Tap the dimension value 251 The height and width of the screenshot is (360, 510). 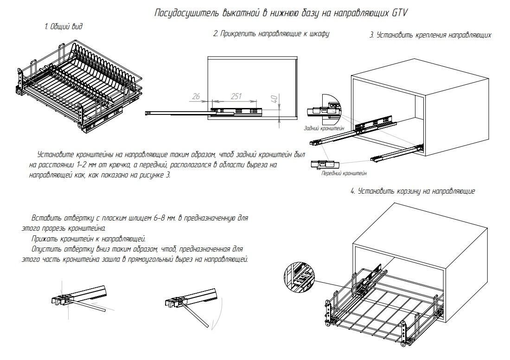tap(236, 96)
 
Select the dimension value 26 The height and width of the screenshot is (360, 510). tap(196, 96)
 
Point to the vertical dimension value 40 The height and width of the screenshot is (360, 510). tap(274, 100)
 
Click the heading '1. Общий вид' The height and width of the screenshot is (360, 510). tap(63, 27)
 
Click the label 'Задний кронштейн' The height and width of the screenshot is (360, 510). tap(324, 128)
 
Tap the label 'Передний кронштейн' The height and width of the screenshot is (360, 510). tap(344, 174)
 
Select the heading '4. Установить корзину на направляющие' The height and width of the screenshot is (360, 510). tap(413, 191)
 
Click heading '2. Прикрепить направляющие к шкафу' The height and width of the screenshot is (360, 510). tap(271, 34)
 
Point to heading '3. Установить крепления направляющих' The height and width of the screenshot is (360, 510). tap(430, 35)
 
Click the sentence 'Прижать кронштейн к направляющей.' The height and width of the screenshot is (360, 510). tap(89, 239)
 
